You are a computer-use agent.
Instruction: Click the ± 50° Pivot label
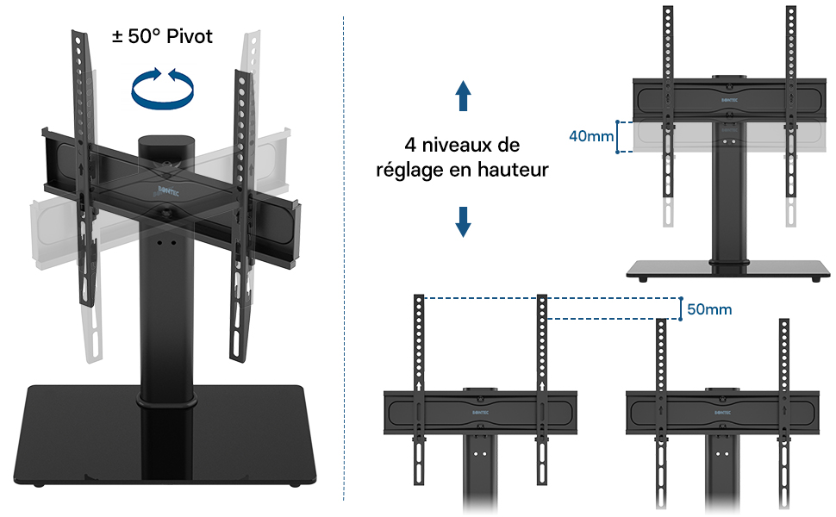click(x=162, y=37)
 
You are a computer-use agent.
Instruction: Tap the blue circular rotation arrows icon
click(x=162, y=87)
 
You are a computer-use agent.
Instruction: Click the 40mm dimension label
click(x=591, y=136)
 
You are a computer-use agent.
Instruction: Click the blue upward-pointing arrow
click(x=463, y=96)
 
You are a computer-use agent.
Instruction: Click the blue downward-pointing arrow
click(x=463, y=221)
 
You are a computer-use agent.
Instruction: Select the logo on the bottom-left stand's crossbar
click(x=480, y=411)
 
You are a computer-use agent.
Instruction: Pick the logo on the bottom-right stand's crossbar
click(x=722, y=411)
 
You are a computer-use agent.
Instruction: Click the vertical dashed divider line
click(x=344, y=258)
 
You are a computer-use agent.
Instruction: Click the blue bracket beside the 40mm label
click(x=619, y=136)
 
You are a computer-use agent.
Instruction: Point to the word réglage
click(x=410, y=170)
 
